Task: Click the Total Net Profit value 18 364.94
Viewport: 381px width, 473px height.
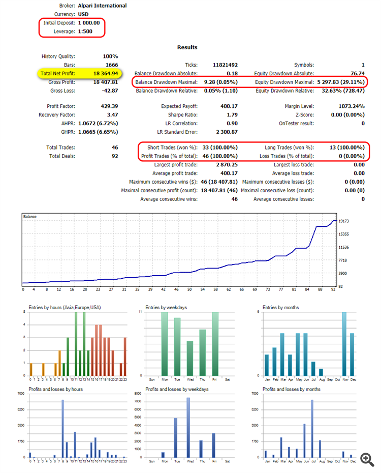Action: (105, 74)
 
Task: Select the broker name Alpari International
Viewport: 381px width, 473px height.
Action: (103, 6)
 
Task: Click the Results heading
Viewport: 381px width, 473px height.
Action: (187, 47)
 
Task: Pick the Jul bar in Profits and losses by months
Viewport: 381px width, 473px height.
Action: (312, 428)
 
